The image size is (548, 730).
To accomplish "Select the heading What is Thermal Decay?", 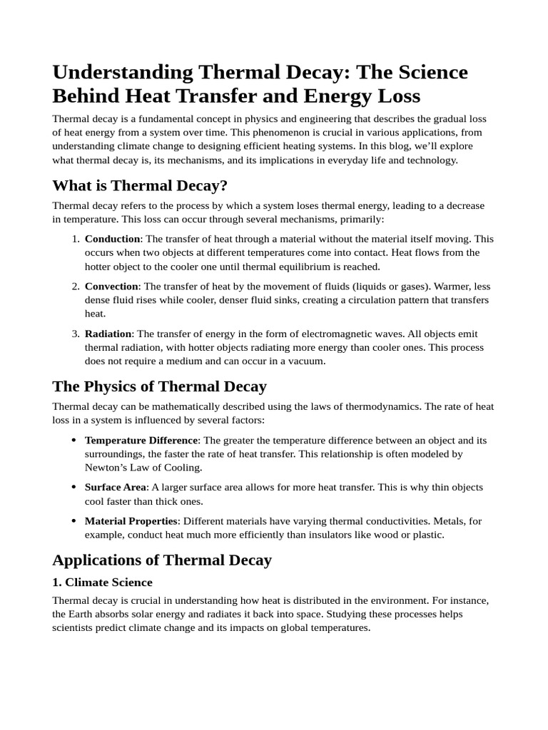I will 140,185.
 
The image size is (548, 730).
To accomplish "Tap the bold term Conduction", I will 112,239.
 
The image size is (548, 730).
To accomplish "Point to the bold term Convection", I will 111,286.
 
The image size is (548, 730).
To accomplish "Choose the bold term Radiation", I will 108,334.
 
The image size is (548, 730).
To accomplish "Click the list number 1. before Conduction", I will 75,239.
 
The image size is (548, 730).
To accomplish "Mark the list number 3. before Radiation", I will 75,334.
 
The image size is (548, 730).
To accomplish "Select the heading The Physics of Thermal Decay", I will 159,386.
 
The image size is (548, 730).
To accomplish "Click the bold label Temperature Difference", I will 141,440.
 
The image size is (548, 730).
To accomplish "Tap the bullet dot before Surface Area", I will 74,487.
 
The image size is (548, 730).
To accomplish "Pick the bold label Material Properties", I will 131,521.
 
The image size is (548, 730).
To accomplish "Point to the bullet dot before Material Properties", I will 74,521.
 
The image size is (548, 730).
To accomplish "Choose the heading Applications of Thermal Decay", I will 162,560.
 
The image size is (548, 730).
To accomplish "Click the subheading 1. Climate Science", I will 102,582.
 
